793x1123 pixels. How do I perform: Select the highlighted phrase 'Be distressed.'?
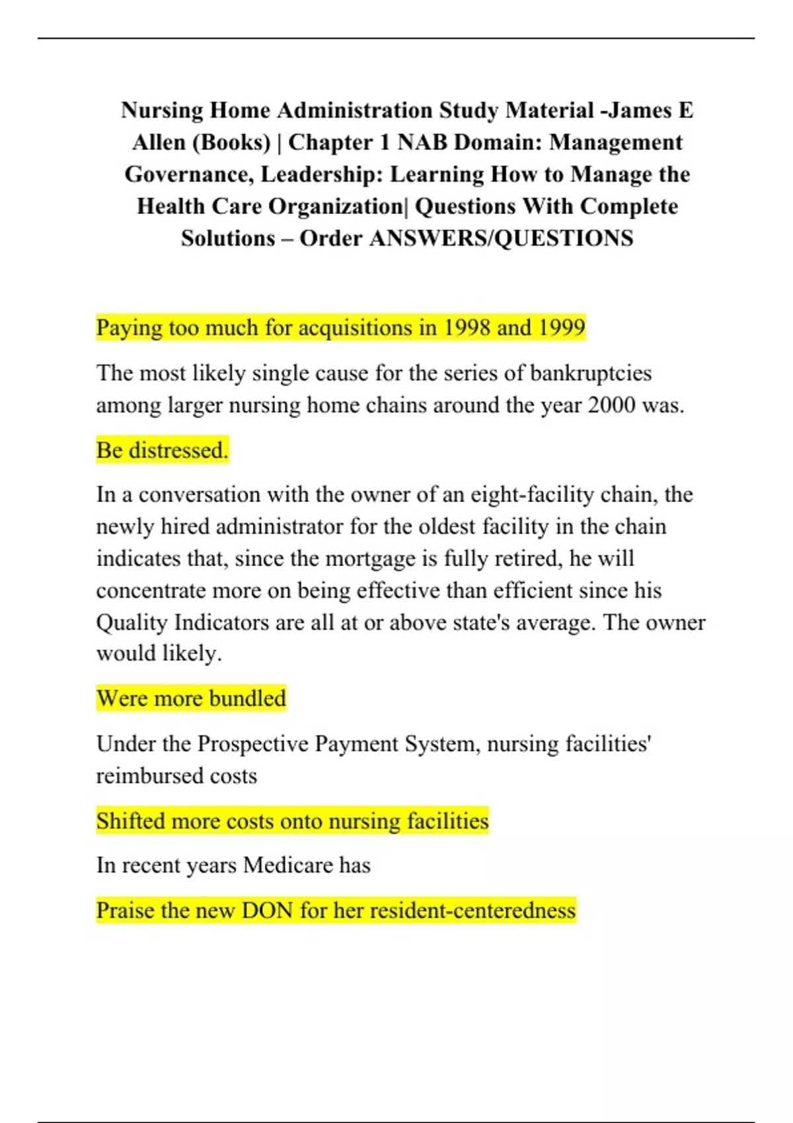(x=162, y=450)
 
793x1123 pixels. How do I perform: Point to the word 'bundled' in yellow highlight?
(x=248, y=698)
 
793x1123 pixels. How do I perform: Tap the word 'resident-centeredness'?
(x=472, y=910)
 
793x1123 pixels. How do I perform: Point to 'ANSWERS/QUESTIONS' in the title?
(x=501, y=238)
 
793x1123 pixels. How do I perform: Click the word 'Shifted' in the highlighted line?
(x=130, y=820)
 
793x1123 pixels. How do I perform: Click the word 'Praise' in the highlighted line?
(x=126, y=910)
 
